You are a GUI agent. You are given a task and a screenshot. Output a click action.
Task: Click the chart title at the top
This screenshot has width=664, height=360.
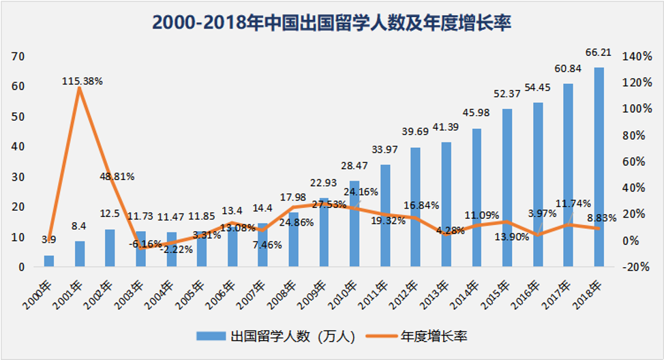(331, 23)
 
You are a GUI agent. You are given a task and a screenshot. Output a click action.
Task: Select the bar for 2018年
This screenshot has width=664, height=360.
(599, 167)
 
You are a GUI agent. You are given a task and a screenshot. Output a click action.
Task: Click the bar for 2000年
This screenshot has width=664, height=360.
(49, 261)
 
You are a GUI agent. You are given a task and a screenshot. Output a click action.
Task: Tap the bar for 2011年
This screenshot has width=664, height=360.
(385, 215)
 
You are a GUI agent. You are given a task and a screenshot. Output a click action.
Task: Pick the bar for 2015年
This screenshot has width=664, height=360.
(507, 187)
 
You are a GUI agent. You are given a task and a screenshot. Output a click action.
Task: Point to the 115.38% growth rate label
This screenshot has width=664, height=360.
(82, 80)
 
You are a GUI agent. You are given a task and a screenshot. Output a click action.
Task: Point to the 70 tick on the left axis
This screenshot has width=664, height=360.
(18, 56)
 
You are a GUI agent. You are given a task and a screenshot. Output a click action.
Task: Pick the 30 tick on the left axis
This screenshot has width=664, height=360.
(18, 177)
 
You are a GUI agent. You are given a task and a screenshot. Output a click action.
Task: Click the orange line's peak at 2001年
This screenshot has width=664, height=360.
(80, 89)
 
